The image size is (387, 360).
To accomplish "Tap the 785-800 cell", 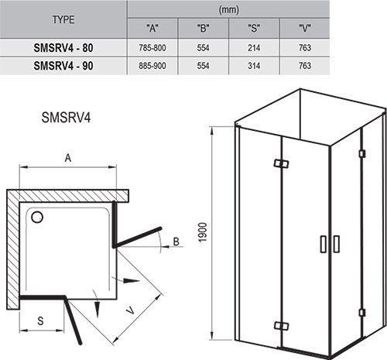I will (x=152, y=48).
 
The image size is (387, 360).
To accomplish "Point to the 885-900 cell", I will (x=152, y=67).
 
